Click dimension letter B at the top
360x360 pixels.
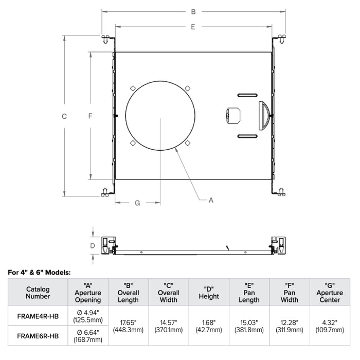coord(193,11)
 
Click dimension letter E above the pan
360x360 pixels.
coord(192,27)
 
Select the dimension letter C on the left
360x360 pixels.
coord(64,116)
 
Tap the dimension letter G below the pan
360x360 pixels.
coord(137,203)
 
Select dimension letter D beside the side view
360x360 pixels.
coord(93,245)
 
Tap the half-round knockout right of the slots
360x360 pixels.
coord(264,115)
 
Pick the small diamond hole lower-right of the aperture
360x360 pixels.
coord(188,142)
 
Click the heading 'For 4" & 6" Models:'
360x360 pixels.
coord(40,272)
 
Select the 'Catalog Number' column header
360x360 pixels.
coord(38,292)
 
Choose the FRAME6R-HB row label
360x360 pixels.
coord(38,336)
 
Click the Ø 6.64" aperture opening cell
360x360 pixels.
coord(88,336)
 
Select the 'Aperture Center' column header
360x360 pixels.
coord(330,292)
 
